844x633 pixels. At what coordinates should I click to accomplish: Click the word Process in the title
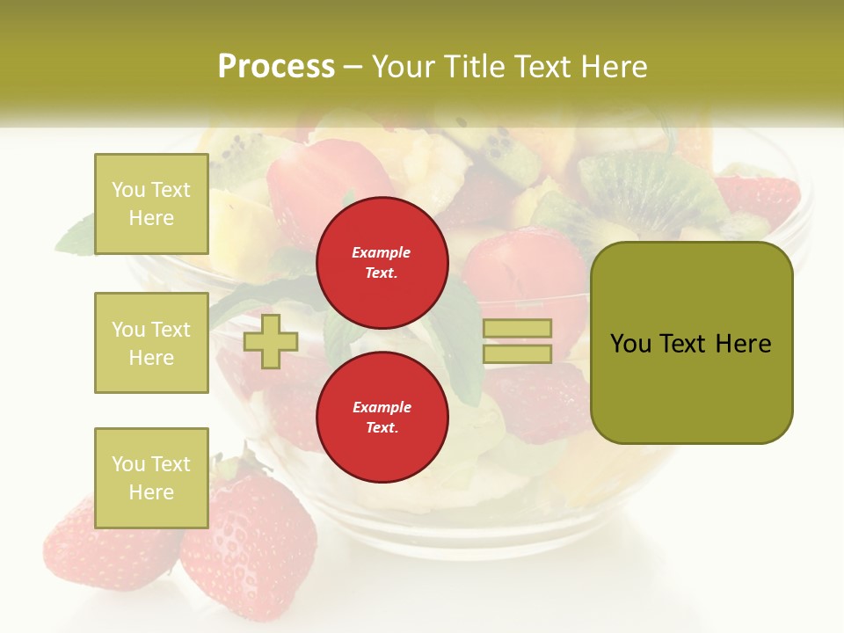[x=276, y=67]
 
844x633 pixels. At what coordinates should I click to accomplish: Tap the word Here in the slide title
[x=610, y=67]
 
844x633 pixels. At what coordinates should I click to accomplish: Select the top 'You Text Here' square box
[x=151, y=204]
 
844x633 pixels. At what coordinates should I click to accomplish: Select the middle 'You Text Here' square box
[x=151, y=343]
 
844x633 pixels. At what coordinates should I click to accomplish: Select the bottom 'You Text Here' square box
[x=151, y=477]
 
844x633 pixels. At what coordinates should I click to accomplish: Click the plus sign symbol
[x=270, y=342]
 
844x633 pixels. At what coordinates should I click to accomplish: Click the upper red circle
[x=382, y=263]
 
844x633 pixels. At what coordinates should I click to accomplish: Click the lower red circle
[x=382, y=418]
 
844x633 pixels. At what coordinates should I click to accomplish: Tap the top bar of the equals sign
[x=517, y=329]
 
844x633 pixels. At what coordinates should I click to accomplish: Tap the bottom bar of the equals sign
[x=517, y=354]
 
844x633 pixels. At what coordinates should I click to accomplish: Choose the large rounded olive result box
[x=691, y=343]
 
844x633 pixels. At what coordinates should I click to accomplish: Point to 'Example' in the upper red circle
[x=382, y=252]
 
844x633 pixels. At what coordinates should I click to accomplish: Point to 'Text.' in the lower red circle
[x=382, y=428]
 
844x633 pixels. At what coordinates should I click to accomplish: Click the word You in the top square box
[x=127, y=190]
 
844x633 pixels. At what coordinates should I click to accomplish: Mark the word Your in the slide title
[x=404, y=67]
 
